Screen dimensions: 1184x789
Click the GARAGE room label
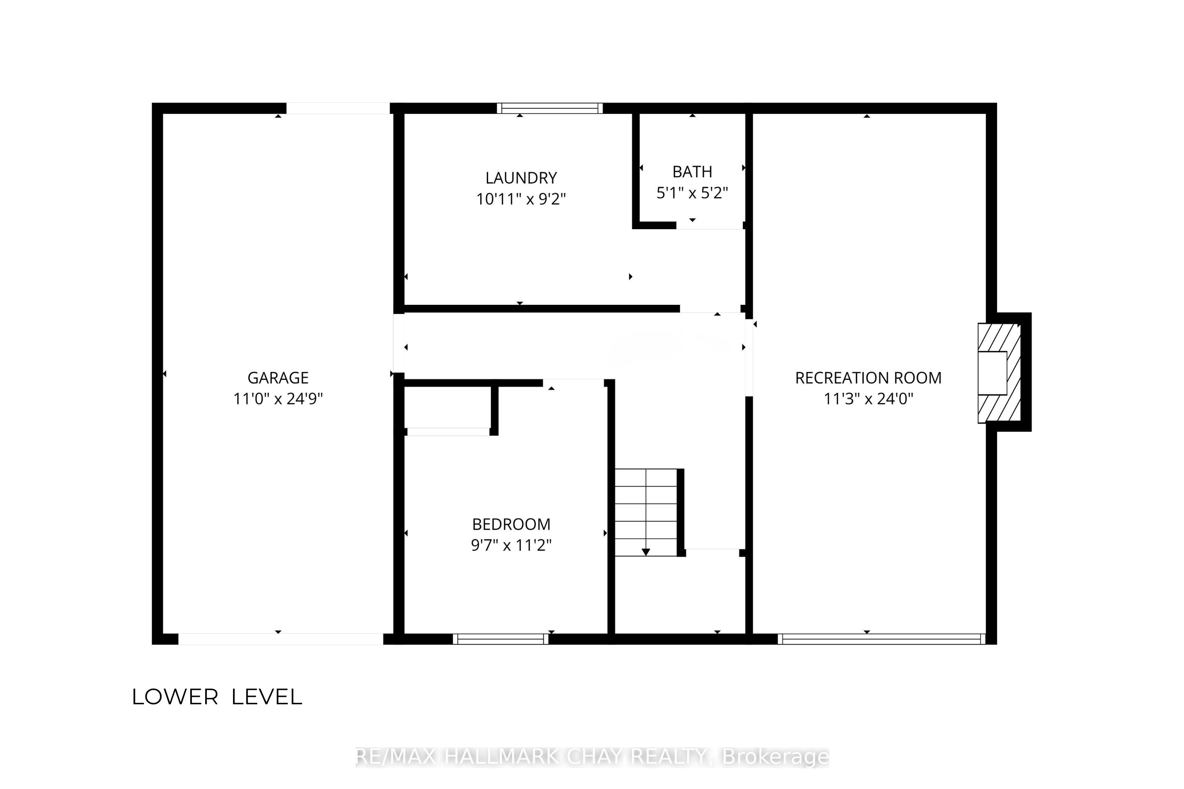point(278,377)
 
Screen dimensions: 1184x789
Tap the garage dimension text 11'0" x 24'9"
point(278,399)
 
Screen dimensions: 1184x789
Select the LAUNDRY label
point(521,178)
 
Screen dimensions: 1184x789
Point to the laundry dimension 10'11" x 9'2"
point(521,199)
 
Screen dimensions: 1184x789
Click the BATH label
point(692,172)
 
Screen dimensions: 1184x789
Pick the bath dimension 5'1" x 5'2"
point(692,193)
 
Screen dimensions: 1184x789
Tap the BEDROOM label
point(511,524)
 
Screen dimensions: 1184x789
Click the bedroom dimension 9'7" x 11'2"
point(511,545)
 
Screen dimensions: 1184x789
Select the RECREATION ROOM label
point(868,377)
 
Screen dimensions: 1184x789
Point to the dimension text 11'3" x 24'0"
point(868,399)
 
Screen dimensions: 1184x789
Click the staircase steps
point(646,512)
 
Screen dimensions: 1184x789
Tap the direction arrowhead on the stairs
point(646,552)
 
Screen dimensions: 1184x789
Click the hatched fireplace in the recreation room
point(999,373)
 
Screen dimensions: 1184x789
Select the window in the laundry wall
point(550,108)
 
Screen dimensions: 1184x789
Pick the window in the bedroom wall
point(500,639)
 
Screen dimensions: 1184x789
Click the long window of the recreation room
point(882,639)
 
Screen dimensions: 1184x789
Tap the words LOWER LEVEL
point(217,697)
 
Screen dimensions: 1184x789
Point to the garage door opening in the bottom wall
point(280,639)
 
